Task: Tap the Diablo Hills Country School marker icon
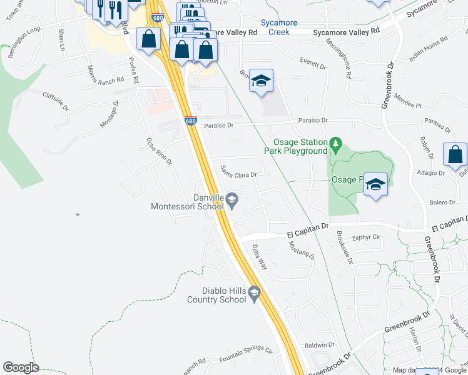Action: pos(254,292)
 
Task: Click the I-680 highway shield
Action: pos(191,121)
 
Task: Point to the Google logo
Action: pos(21,367)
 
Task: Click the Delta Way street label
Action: pos(259,256)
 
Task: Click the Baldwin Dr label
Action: pos(319,345)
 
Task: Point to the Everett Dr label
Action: pos(313,64)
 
